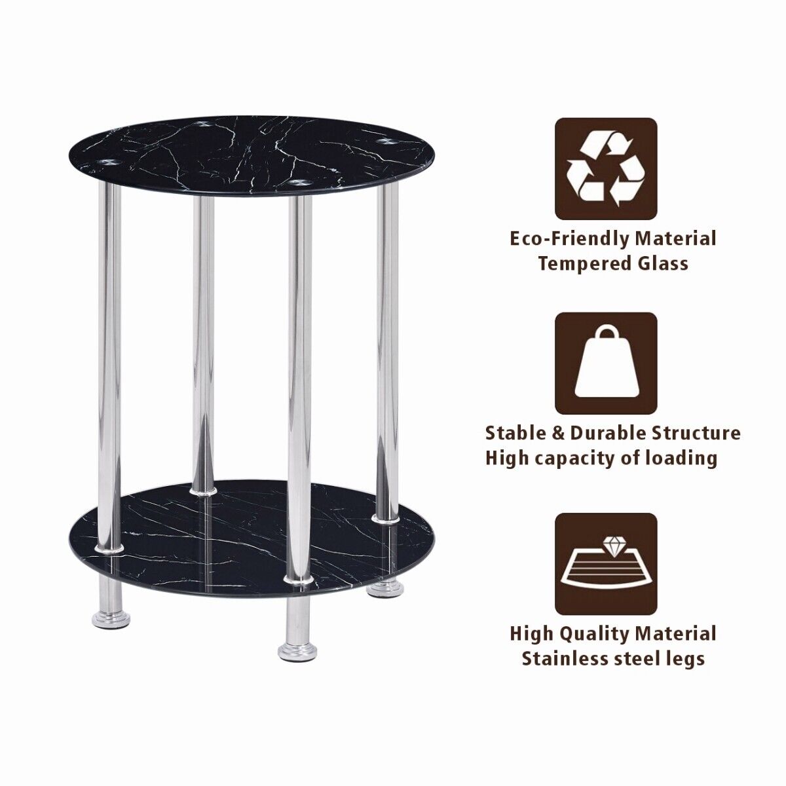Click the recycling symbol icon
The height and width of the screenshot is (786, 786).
(x=606, y=169)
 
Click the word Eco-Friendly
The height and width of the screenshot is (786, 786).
(x=565, y=239)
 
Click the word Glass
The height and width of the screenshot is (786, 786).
(x=661, y=263)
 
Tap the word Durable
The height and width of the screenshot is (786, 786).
(x=612, y=433)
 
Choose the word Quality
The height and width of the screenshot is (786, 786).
(x=589, y=634)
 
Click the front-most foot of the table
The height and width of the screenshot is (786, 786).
(x=298, y=652)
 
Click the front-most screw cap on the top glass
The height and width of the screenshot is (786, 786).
(x=300, y=181)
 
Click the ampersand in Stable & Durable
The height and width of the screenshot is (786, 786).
(x=559, y=433)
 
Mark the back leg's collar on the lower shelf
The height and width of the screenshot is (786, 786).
(x=203, y=491)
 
